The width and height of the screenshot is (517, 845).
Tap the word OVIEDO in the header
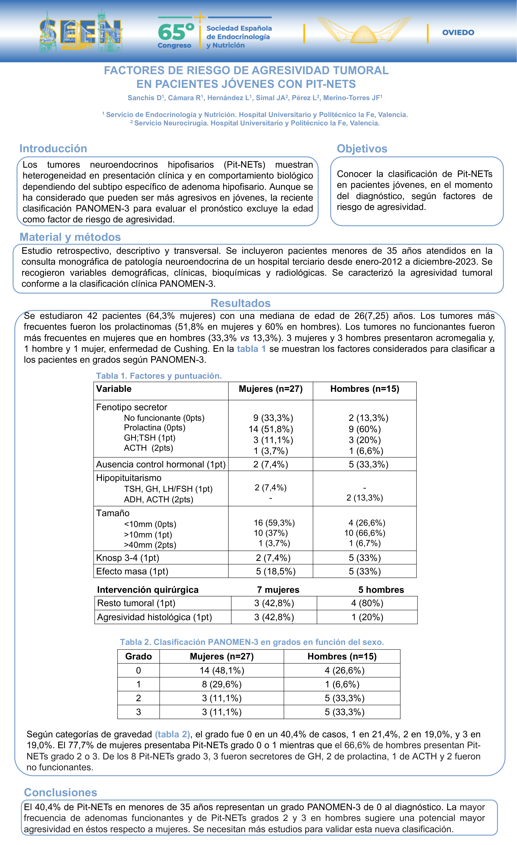pyautogui.click(x=458, y=33)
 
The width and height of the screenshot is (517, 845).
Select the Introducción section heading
pyautogui.click(x=53, y=149)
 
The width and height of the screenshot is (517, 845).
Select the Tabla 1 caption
pyautogui.click(x=159, y=376)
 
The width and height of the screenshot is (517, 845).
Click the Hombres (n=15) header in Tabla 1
pyautogui.click(x=364, y=389)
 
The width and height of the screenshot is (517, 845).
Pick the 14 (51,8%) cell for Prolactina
pyautogui.click(x=271, y=429)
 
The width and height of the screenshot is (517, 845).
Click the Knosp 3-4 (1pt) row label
pyautogui.click(x=127, y=558)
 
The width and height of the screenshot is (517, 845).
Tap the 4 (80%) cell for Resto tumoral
pyautogui.click(x=367, y=603)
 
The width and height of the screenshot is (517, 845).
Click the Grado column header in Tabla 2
pyautogui.click(x=139, y=656)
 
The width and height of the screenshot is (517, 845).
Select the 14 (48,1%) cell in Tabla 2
pyautogui.click(x=222, y=670)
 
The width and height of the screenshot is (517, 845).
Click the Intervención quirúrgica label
pyautogui.click(x=148, y=590)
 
